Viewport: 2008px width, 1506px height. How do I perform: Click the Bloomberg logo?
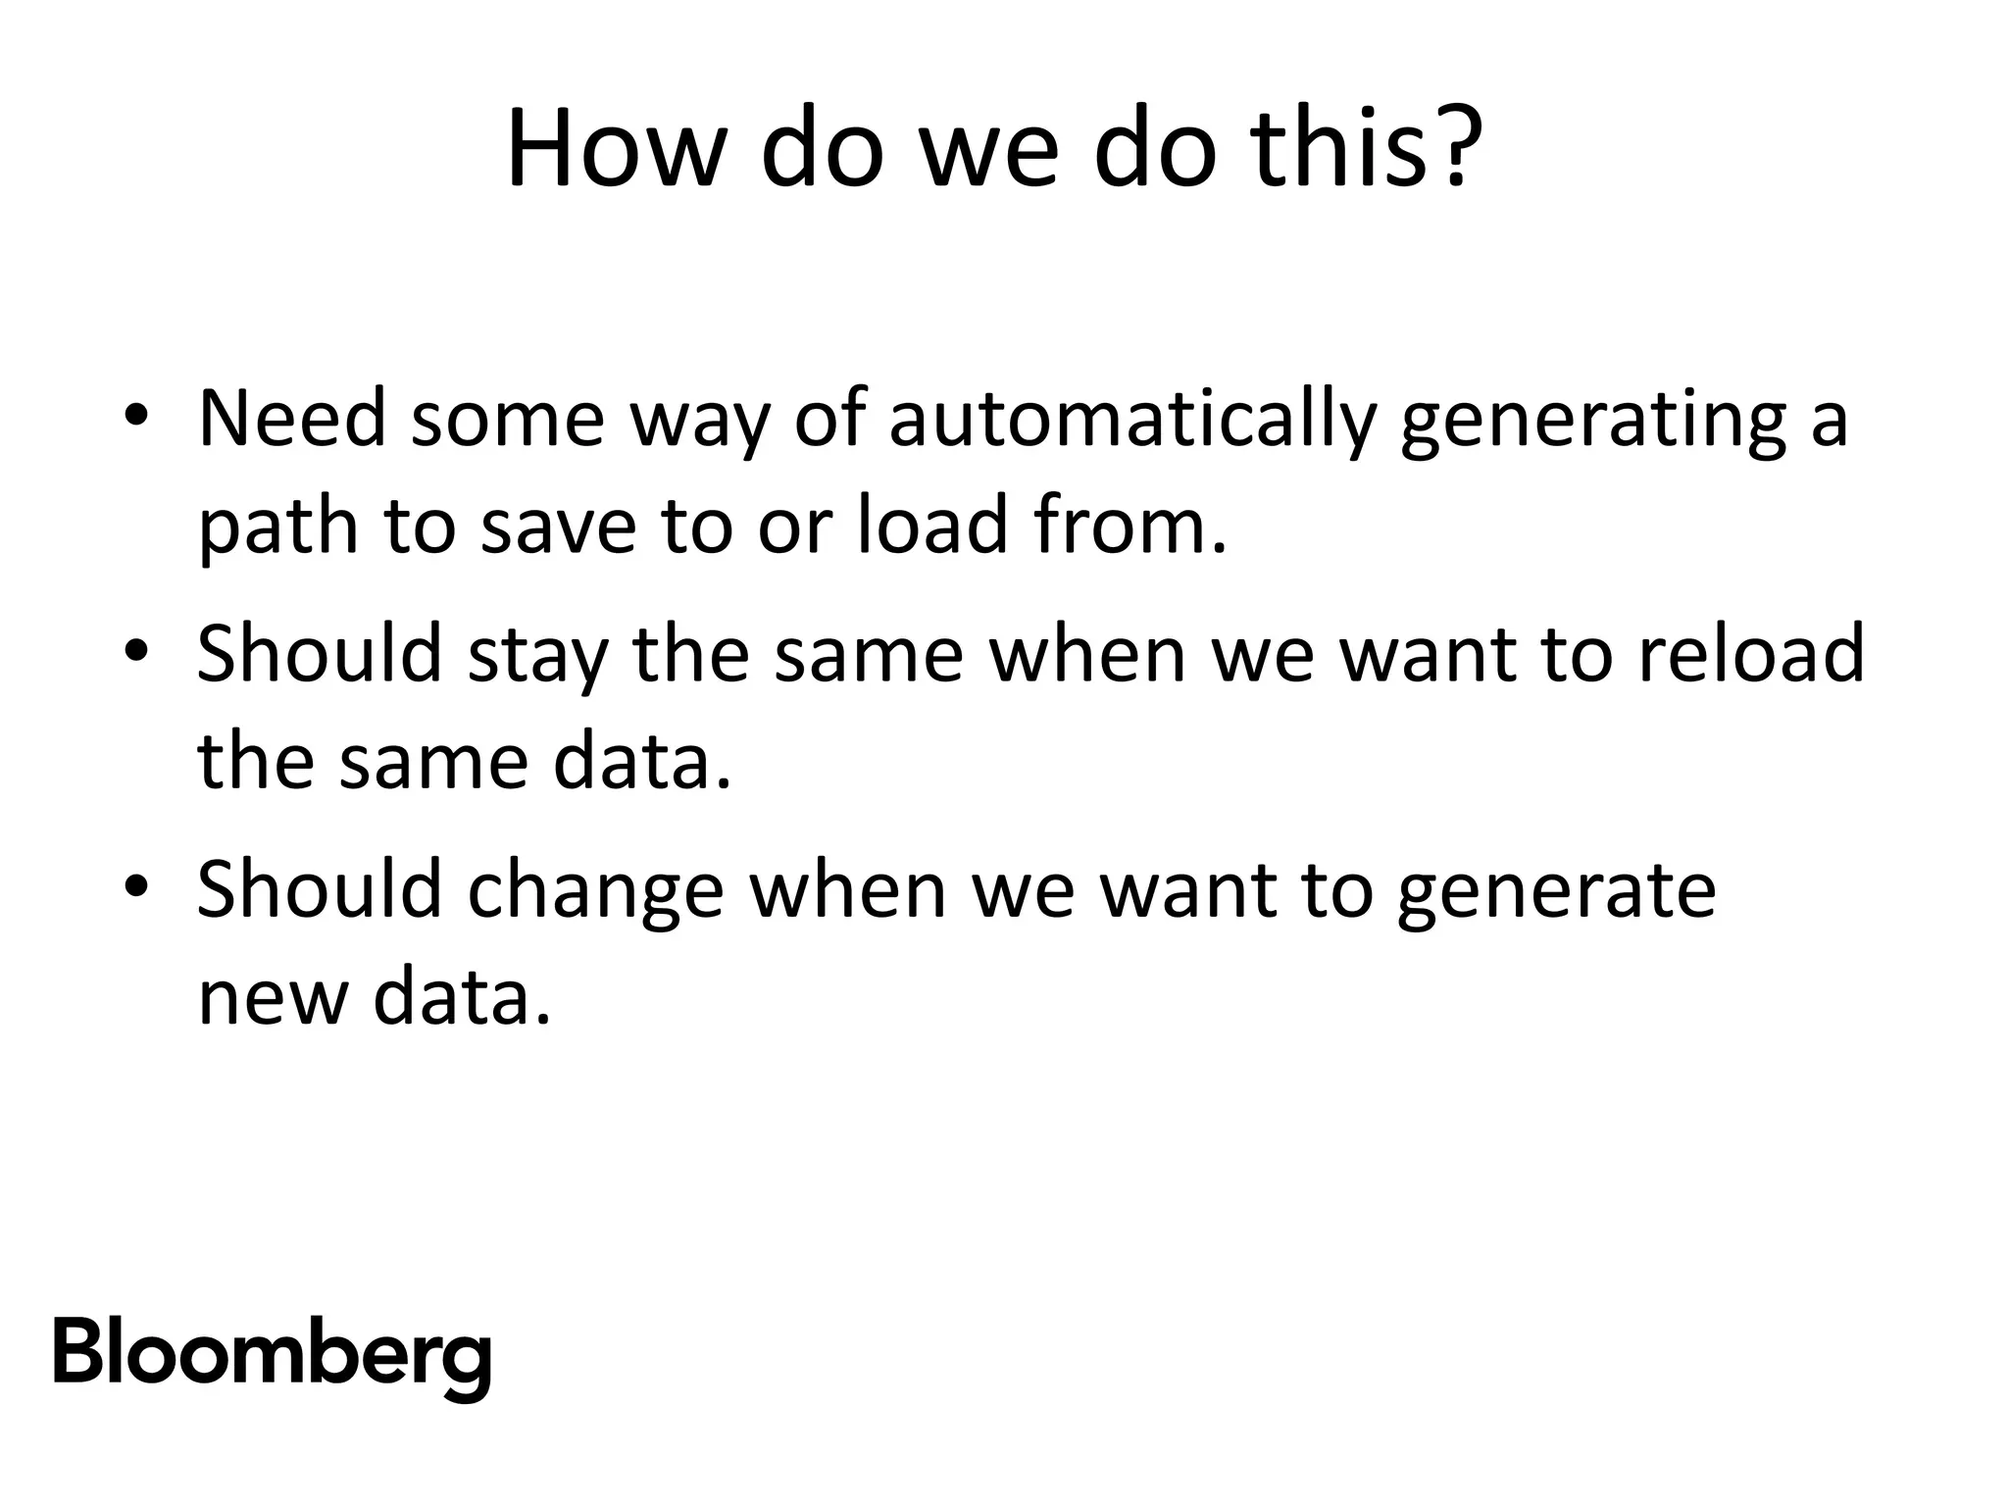pyautogui.click(x=272, y=1357)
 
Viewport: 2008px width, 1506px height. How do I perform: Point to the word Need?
pyautogui.click(x=291, y=420)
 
